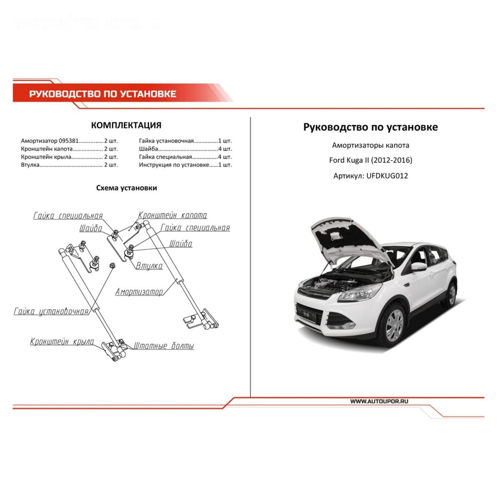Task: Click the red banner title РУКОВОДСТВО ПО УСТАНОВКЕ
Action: click(x=103, y=94)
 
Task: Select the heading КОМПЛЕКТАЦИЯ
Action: click(x=126, y=125)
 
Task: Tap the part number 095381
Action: click(x=69, y=141)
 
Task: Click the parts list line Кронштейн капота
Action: click(x=47, y=149)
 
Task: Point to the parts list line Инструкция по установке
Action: click(x=174, y=165)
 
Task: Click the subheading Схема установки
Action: click(x=126, y=188)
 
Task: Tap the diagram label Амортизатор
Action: click(x=139, y=292)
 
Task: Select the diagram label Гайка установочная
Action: click(x=51, y=312)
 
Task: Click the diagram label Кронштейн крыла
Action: click(x=62, y=342)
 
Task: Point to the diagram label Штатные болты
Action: click(x=164, y=346)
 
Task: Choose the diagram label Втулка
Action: click(x=149, y=266)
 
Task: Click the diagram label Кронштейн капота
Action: click(x=173, y=215)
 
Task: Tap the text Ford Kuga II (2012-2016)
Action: click(x=370, y=160)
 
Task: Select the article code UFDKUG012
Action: click(x=387, y=176)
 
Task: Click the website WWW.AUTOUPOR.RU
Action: click(x=379, y=401)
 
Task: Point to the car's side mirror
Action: click(x=419, y=266)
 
